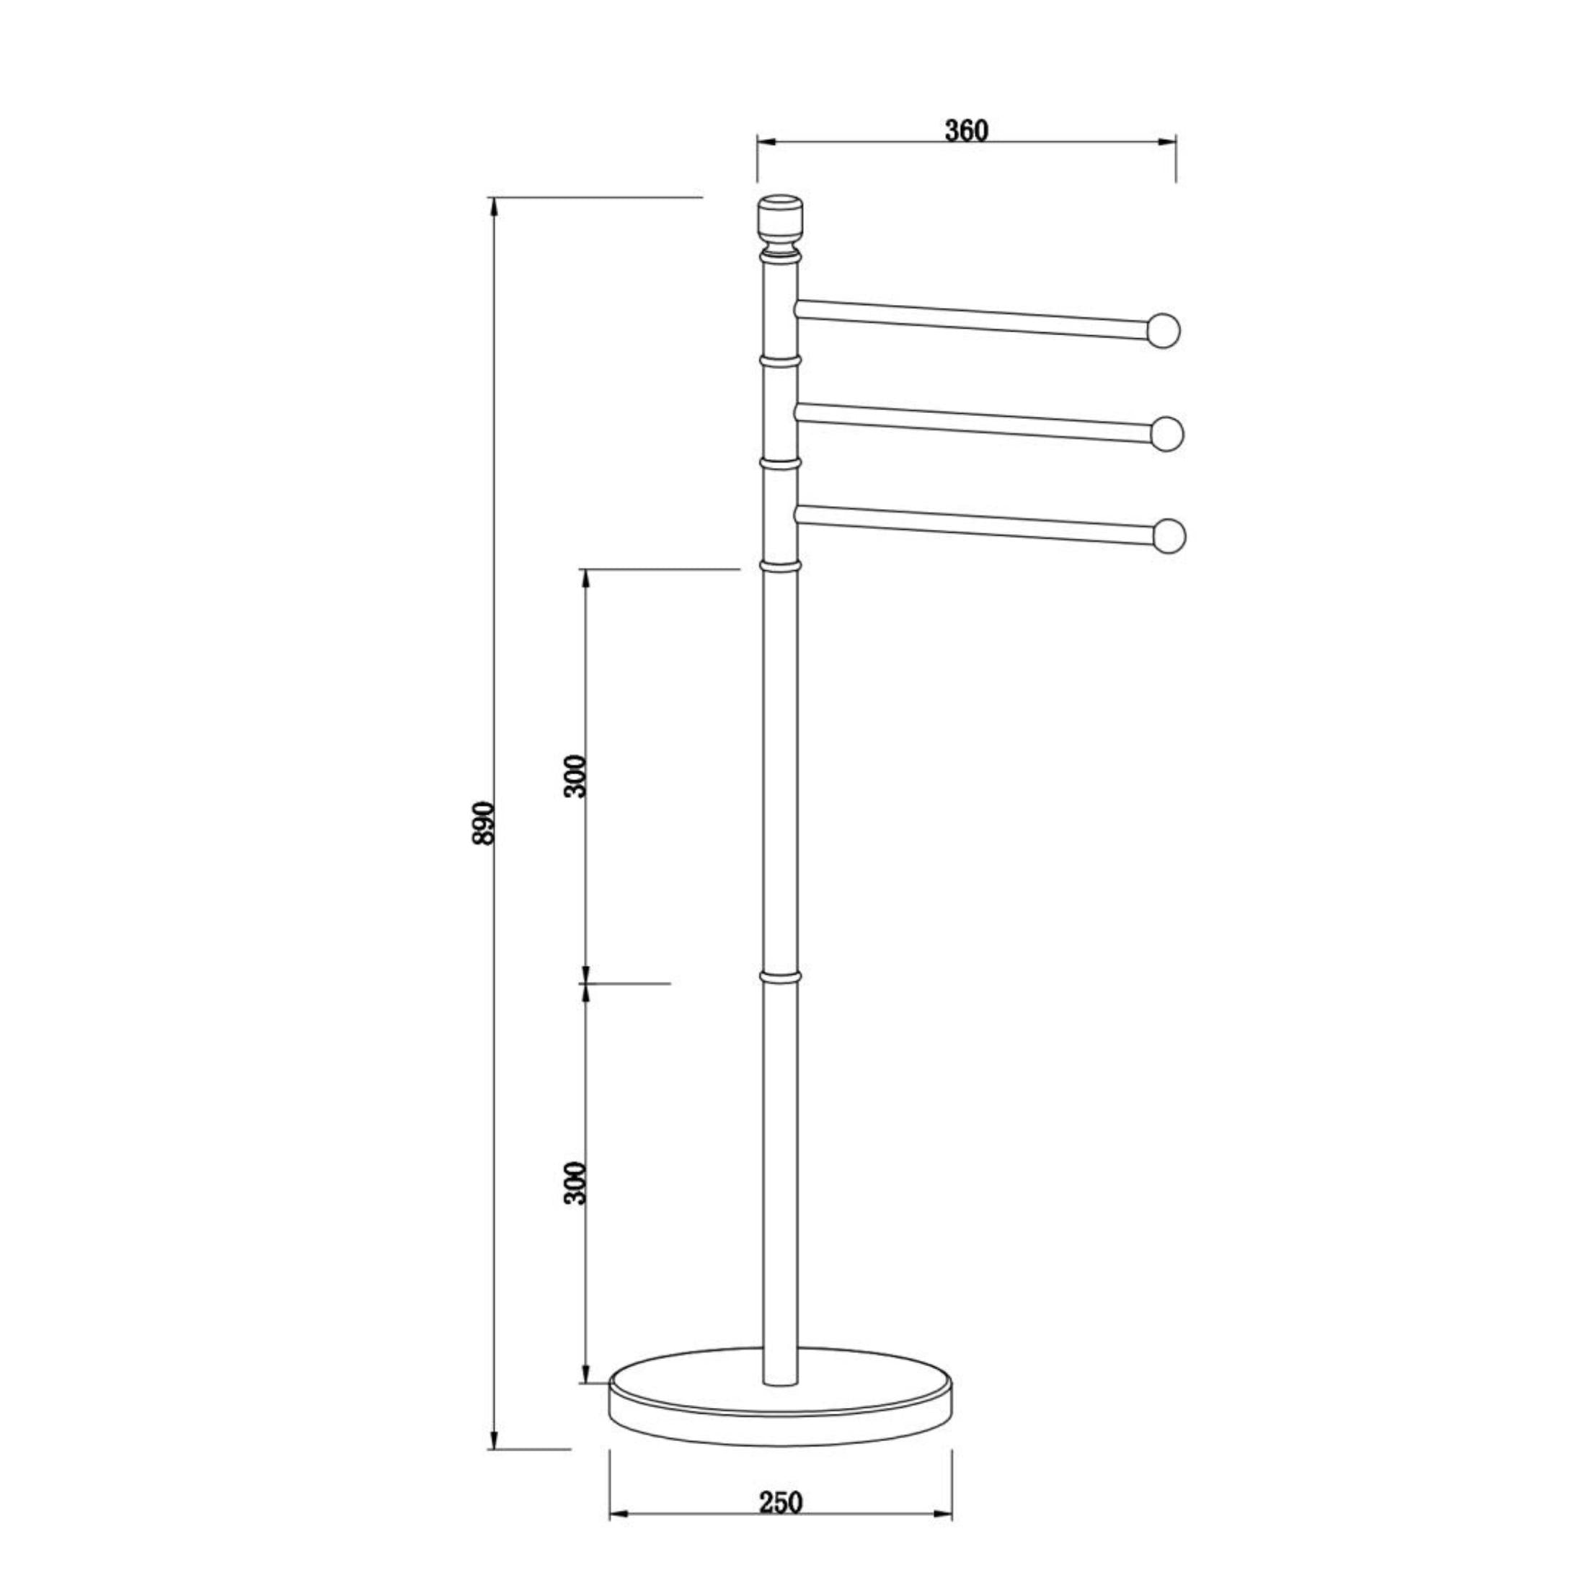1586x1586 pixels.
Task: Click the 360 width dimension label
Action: (966, 130)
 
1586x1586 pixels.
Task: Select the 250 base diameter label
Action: (779, 1480)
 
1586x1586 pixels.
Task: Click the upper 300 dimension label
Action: (576, 775)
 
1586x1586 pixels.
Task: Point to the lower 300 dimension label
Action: (576, 1182)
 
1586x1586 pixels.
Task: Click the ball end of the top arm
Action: (1165, 330)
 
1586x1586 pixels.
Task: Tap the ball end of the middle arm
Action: (1167, 433)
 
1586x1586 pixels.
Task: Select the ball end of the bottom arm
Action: (1170, 536)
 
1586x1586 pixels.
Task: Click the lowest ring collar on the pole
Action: (780, 977)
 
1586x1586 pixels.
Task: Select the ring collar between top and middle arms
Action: (780, 360)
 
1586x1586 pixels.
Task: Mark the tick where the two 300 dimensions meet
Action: (586, 983)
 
